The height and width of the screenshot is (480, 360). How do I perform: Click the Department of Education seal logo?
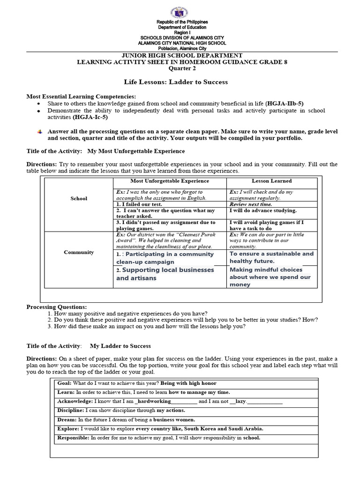click(x=180, y=10)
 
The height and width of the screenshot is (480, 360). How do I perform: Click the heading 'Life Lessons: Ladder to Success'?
click(x=180, y=82)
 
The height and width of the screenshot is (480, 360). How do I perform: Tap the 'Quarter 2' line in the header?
click(x=180, y=68)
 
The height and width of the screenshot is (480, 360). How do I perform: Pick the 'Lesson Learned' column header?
click(x=271, y=180)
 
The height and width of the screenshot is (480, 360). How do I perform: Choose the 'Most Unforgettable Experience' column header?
click(x=170, y=180)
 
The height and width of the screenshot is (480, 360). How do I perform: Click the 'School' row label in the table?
click(x=79, y=198)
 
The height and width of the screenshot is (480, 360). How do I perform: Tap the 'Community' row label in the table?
click(x=79, y=252)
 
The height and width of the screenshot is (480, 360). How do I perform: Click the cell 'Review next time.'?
click(x=250, y=204)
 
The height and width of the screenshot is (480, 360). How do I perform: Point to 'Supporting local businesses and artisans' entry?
click(x=165, y=274)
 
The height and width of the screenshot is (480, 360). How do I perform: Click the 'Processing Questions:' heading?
click(x=57, y=306)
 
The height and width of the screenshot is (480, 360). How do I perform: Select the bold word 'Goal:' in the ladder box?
click(x=64, y=383)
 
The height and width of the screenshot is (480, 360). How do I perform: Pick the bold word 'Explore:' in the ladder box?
click(x=68, y=428)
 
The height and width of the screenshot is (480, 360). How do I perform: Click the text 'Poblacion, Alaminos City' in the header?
click(x=180, y=48)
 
